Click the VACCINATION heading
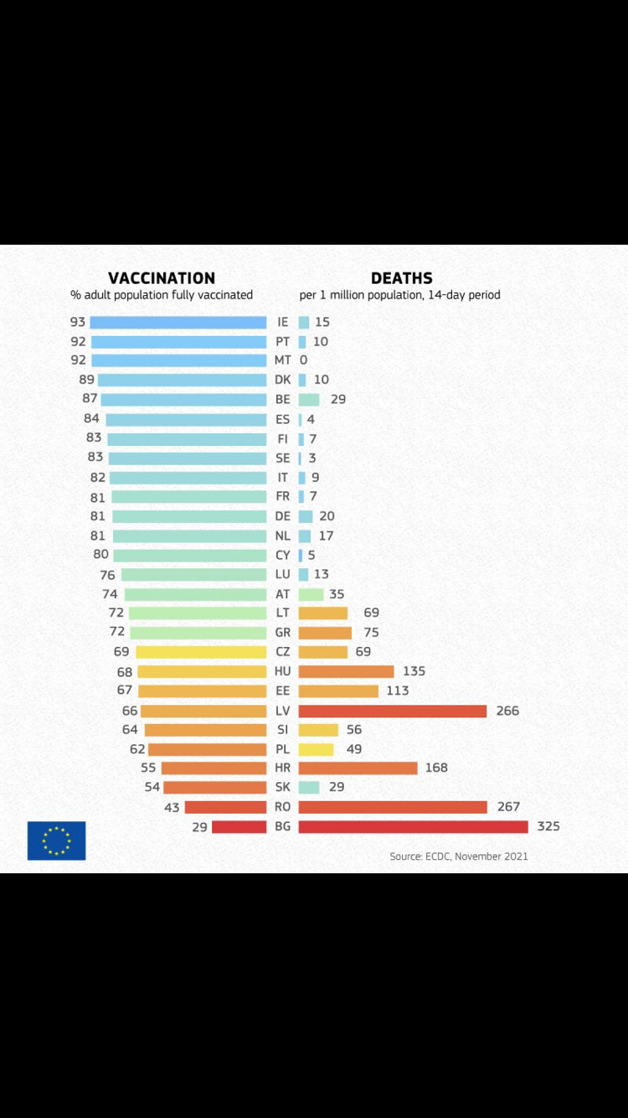pos(162,278)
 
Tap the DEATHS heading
pos(402,278)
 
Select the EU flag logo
pos(56,841)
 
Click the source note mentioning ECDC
pos(458,857)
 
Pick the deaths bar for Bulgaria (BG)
pos(413,826)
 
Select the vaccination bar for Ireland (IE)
pos(178,322)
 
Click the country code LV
pos(283,711)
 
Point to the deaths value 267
pos(508,807)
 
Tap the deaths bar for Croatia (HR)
pos(358,768)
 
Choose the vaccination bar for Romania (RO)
pos(225,807)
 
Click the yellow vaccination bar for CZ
pos(201,652)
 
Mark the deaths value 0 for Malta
pos(303,360)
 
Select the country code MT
pos(283,360)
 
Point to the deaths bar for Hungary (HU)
pos(346,671)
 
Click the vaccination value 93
pos(78,322)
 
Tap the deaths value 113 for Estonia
pos(397,691)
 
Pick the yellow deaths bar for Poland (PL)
pos(316,749)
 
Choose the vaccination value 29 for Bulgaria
pos(199,827)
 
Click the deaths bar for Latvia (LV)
pos(392,711)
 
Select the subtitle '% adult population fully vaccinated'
pos(162,295)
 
